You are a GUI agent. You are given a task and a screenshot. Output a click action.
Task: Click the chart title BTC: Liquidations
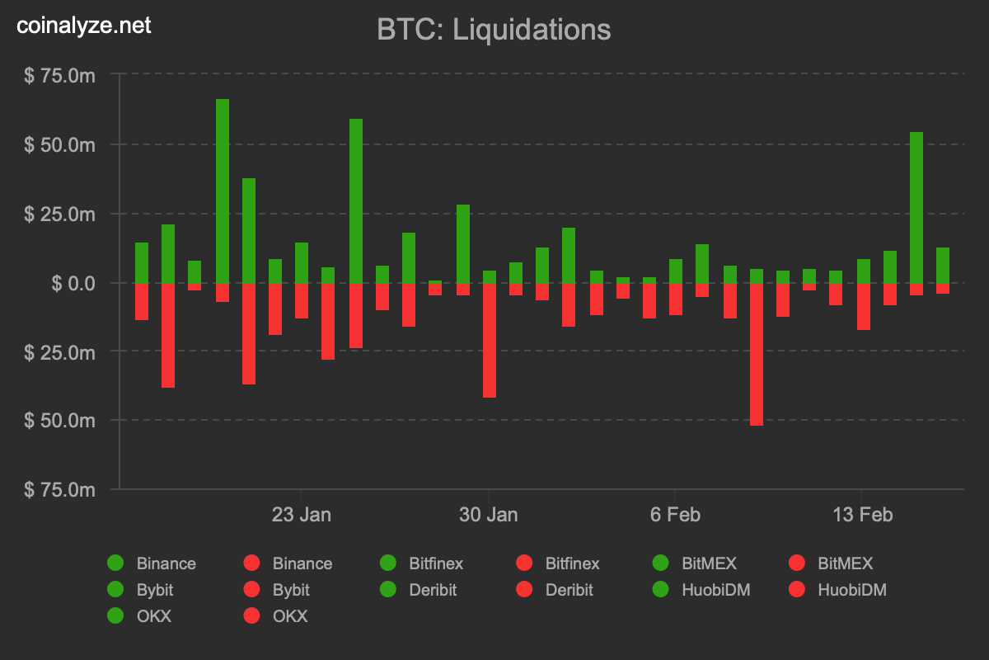pyautogui.click(x=494, y=30)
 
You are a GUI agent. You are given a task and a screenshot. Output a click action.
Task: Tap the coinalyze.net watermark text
pyautogui.click(x=84, y=26)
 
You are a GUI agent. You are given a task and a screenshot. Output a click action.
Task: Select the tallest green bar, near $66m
pyautogui.click(x=223, y=191)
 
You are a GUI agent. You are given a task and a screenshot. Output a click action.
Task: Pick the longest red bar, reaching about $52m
pyautogui.click(x=757, y=354)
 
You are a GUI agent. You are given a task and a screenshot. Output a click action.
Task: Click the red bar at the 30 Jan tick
pyautogui.click(x=490, y=340)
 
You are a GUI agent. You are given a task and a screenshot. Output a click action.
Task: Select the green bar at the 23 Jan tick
pyautogui.click(x=302, y=262)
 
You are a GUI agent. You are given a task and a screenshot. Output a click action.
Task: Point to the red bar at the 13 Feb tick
pyautogui.click(x=864, y=306)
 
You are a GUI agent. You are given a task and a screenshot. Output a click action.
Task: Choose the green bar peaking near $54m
pyautogui.click(x=916, y=207)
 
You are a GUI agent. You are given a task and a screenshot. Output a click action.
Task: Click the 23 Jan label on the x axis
pyautogui.click(x=302, y=515)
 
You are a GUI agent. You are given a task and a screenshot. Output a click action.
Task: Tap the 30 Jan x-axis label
pyautogui.click(x=489, y=515)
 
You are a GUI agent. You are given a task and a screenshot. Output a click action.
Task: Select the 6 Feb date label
pyautogui.click(x=675, y=515)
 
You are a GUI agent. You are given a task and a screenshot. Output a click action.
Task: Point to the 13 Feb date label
pyautogui.click(x=863, y=515)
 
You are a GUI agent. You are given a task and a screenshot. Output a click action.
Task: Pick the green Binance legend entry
pyautogui.click(x=152, y=563)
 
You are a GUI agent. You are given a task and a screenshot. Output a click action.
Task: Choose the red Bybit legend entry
pyautogui.click(x=279, y=590)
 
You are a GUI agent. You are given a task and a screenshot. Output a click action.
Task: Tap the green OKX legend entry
pyautogui.click(x=141, y=616)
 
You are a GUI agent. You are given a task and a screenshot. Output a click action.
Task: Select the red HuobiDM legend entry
pyautogui.click(x=838, y=590)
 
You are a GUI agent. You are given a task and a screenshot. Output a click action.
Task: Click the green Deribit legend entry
pyautogui.click(x=420, y=590)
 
